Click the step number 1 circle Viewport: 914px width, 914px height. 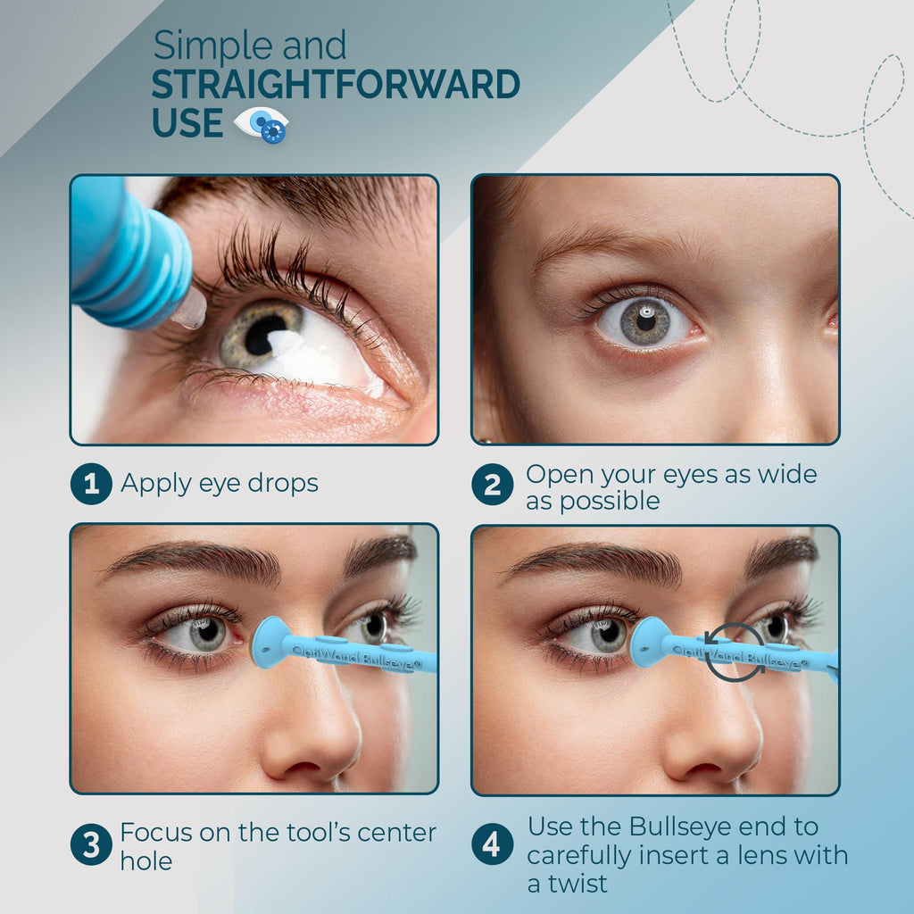point(92,484)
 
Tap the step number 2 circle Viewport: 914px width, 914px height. point(493,485)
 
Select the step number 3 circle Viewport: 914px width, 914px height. point(92,844)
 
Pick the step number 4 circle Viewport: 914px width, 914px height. point(493,844)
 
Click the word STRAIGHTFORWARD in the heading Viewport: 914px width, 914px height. point(336,85)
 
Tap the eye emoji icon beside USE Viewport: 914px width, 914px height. point(262,124)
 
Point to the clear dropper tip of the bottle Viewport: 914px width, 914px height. point(189,309)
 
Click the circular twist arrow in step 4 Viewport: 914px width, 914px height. point(734,652)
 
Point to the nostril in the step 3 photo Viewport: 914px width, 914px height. point(297,767)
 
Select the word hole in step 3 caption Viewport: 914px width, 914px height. point(146,861)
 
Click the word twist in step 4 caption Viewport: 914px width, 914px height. point(577,884)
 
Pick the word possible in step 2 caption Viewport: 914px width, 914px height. point(610,502)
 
